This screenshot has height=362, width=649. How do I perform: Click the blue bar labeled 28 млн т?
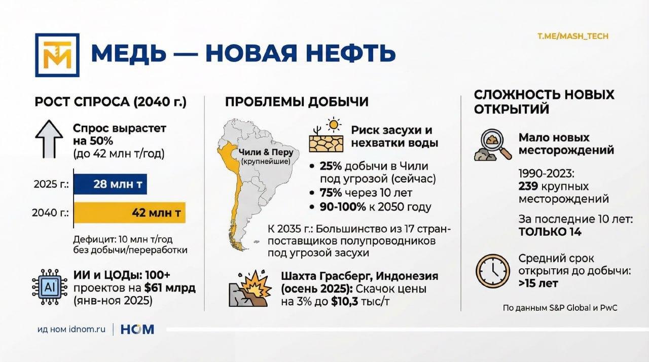[x=111, y=184]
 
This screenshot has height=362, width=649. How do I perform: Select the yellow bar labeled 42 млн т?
[x=129, y=212]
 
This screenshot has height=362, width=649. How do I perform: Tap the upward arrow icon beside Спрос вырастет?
[x=49, y=139]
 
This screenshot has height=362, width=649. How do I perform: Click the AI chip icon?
[x=50, y=287]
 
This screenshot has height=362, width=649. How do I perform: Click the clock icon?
[x=493, y=271]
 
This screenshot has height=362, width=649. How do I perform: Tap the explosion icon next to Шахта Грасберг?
[x=250, y=288]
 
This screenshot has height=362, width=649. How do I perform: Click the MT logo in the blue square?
[x=57, y=55]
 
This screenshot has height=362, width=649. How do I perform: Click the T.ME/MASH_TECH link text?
[x=573, y=36]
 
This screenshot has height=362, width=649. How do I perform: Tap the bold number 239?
[x=528, y=186]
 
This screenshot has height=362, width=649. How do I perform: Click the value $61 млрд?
[x=170, y=288]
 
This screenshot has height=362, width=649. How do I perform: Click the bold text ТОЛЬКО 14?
[x=550, y=232]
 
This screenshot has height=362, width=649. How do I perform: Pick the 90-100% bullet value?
[x=343, y=207]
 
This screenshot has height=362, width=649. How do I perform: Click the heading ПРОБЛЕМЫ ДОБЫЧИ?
[x=297, y=102]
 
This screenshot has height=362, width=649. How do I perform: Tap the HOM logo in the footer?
[x=137, y=330]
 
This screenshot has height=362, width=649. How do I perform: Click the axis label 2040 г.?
[x=50, y=213]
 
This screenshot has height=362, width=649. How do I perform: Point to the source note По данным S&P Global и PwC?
[x=560, y=308]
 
